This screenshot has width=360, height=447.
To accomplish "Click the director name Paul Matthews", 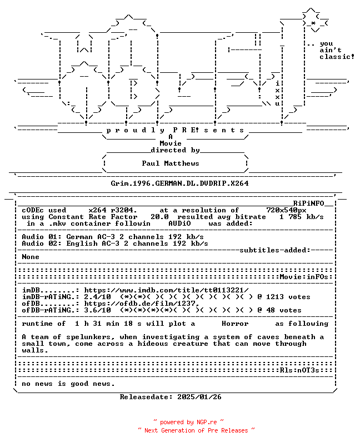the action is (171, 163).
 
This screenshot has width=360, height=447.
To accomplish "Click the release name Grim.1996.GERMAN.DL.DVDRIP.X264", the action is (179, 183).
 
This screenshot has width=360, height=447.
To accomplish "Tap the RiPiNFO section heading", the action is (309, 203).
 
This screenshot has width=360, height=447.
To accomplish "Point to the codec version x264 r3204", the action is (113, 210).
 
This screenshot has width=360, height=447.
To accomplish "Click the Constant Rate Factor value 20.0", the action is (159, 217).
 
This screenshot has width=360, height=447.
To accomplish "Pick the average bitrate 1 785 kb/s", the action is (301, 217).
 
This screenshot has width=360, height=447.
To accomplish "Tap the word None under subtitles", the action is (31, 257).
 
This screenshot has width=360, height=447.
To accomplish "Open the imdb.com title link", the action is (166, 290).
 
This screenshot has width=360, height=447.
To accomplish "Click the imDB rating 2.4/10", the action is (97, 297).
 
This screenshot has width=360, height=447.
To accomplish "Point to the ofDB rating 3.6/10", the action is (97, 310).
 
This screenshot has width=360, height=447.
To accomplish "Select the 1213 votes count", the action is (288, 297).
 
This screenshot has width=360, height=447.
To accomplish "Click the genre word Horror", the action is (235, 324).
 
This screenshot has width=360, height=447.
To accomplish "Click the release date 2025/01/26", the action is (199, 397).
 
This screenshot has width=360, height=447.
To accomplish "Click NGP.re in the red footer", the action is (207, 422).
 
